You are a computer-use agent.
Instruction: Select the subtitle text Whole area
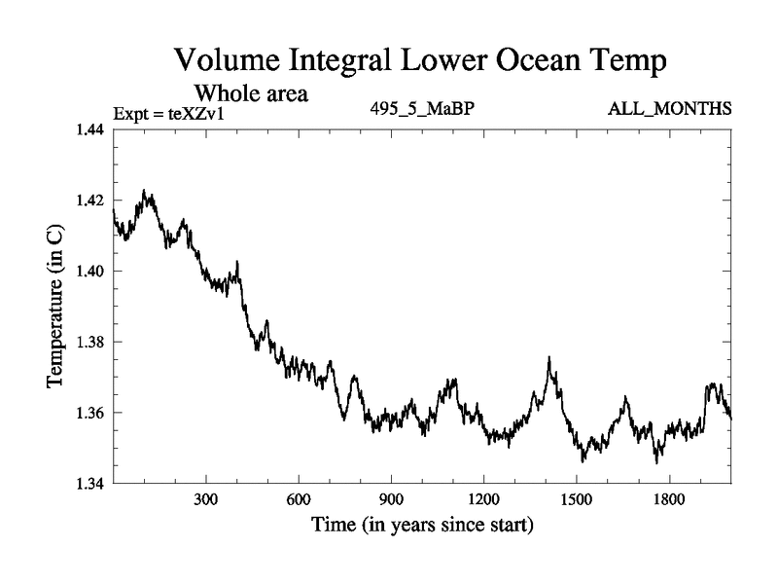tap(252, 93)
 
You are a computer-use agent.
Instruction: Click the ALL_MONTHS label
tap(669, 108)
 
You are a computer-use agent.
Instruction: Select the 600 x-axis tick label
tap(299, 500)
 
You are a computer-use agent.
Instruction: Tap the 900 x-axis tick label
tap(391, 500)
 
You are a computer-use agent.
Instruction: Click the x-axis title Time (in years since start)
tap(422, 528)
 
